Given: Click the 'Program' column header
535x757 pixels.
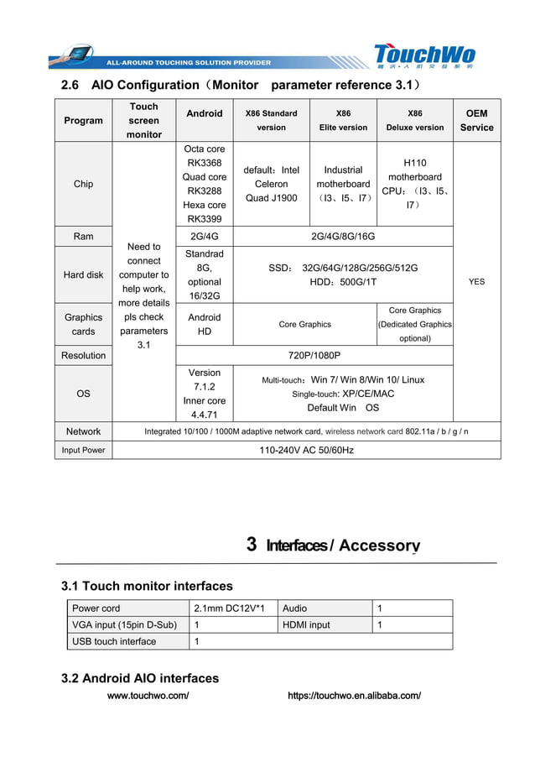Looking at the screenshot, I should (x=83, y=121).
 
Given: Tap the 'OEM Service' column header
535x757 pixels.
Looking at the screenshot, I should (x=476, y=121).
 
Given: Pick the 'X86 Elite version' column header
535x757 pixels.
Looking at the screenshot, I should (x=343, y=121).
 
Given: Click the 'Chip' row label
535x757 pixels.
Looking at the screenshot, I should (x=83, y=184).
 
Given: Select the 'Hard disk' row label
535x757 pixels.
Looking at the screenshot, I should (x=83, y=274).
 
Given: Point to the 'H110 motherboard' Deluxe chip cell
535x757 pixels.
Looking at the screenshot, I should (x=414, y=184).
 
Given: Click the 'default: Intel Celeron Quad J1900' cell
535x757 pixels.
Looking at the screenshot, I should (x=271, y=184).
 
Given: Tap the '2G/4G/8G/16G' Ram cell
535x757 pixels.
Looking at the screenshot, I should (x=343, y=237).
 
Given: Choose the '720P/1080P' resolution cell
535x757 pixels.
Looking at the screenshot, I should (x=314, y=356).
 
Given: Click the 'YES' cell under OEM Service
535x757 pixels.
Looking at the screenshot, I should (x=476, y=282).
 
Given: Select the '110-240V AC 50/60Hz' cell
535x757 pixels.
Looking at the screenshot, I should (x=307, y=451).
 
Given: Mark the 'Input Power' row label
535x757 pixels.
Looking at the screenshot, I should (x=83, y=451).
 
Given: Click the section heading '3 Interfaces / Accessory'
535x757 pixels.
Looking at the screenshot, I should (x=333, y=546).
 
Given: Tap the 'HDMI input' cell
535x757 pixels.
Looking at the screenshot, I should (x=307, y=625).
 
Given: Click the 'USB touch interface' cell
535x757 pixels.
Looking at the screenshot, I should (x=114, y=642).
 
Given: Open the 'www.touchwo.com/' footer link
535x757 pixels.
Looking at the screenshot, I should (x=148, y=696).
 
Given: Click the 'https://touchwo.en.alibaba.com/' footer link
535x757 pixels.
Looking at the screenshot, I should (x=354, y=696).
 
